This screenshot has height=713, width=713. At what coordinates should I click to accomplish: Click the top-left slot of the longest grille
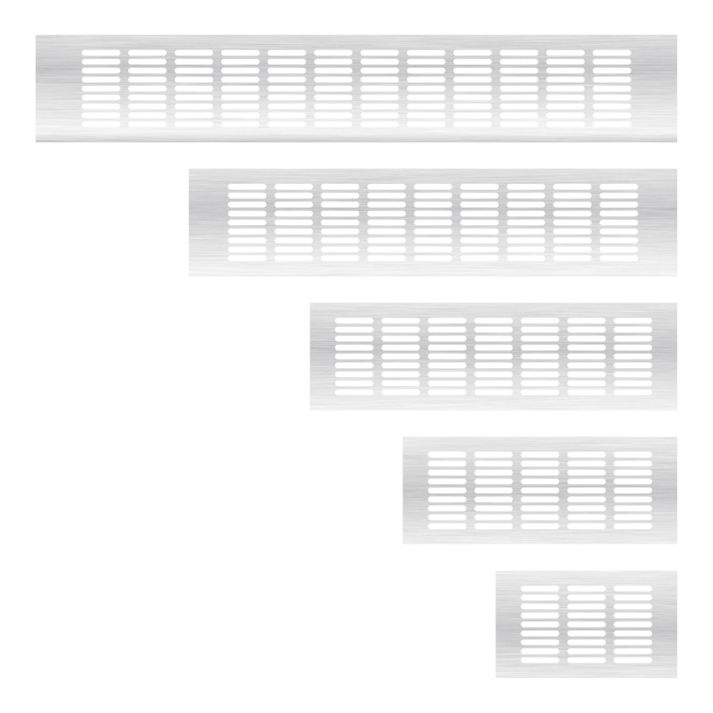[101, 53]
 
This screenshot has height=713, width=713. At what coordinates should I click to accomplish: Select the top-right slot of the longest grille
[612, 53]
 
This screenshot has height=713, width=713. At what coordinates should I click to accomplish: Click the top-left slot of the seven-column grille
[354, 321]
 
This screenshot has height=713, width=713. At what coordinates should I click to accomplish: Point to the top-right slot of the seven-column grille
[633, 321]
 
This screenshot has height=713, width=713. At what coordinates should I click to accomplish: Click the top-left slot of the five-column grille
[447, 454]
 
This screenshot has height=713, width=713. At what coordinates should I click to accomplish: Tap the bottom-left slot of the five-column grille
[447, 526]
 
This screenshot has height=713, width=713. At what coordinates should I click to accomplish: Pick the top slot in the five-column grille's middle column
[540, 454]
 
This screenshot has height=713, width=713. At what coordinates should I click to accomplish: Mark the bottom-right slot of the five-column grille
[633, 526]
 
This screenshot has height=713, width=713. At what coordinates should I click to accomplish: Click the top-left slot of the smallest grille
[540, 589]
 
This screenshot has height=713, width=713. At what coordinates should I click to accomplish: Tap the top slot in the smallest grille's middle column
[587, 589]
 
